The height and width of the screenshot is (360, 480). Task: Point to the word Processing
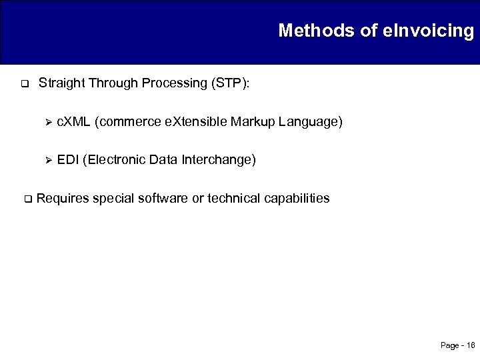177,84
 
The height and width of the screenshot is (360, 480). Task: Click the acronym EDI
67,160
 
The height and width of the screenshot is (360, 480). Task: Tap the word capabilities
297,198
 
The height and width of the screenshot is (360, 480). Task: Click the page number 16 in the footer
471,345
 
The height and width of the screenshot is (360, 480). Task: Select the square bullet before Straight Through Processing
23,85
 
